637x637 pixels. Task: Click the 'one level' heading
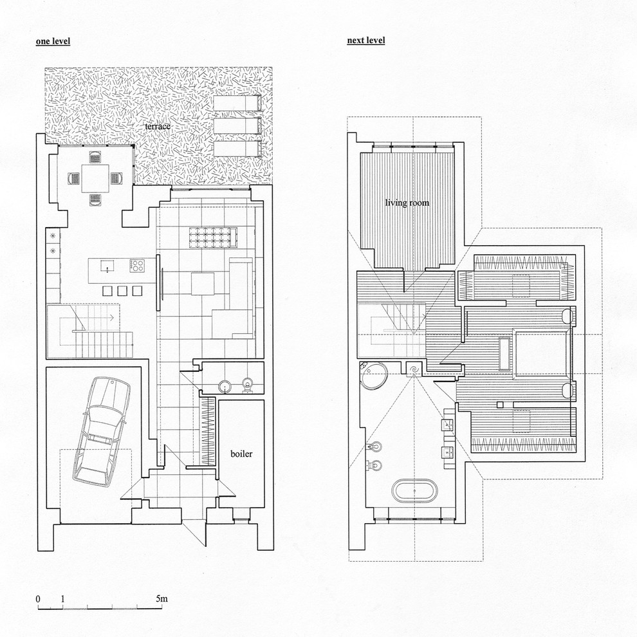coord(53,41)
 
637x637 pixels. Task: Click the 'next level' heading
coord(365,41)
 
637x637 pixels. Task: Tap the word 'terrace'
coord(158,126)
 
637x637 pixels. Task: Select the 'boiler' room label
coord(241,454)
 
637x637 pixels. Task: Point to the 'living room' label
coord(407,202)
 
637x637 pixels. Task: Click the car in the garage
coord(101,432)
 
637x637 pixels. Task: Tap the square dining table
coord(95,178)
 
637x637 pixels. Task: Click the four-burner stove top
coord(137,266)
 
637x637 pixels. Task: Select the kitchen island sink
coord(107,266)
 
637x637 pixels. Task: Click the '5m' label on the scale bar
coord(162,599)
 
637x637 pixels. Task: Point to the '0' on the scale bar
coord(38,599)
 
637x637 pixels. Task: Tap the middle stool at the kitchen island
coord(122,291)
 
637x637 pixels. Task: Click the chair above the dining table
coord(95,156)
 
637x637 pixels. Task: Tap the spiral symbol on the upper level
coord(414,369)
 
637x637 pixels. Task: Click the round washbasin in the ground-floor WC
coord(225,386)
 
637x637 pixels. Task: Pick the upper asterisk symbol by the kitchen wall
coord(52,236)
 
